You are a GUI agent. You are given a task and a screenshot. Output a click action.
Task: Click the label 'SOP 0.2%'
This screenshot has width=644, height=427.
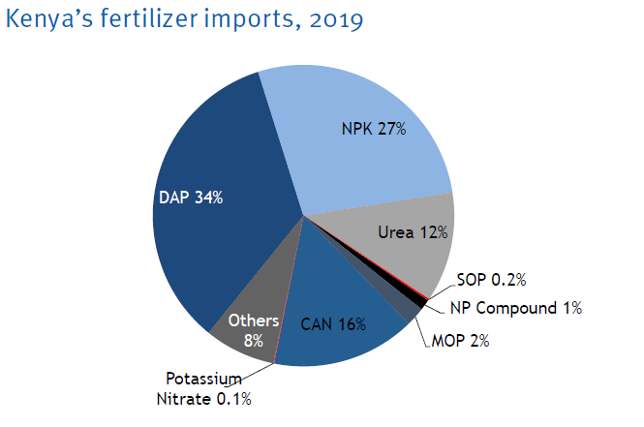coord(491,280)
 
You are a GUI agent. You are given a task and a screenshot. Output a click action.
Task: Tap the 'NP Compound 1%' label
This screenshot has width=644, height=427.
coord(515,308)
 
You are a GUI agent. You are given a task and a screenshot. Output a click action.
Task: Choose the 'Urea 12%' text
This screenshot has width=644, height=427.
coord(411,231)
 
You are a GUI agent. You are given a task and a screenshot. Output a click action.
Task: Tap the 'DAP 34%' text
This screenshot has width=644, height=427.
coord(191,198)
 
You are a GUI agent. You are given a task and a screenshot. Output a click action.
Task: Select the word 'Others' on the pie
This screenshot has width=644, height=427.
coord(254,320)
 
